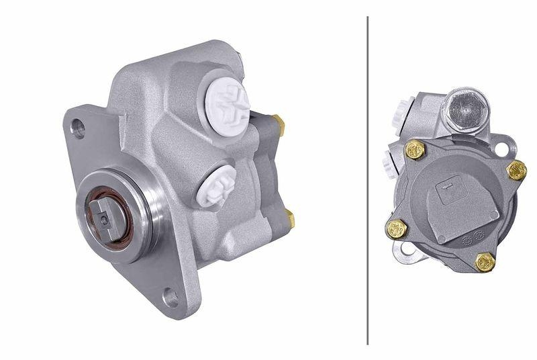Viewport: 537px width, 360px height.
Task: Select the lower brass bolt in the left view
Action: [290, 218]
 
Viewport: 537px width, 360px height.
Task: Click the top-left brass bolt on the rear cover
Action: [415, 150]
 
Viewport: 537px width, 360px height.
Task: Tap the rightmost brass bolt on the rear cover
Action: [516, 170]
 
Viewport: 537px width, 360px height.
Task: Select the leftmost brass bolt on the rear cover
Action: [397, 229]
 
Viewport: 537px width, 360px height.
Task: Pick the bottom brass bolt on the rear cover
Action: [485, 262]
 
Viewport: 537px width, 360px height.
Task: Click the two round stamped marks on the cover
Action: [473, 236]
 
